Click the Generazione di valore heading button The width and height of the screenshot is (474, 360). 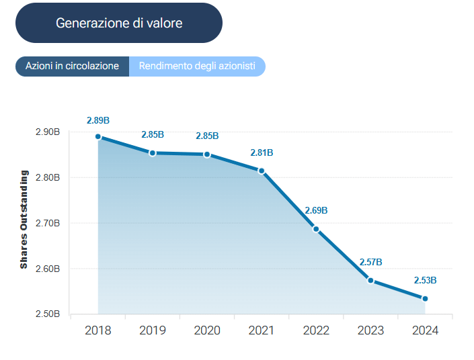coord(119,23)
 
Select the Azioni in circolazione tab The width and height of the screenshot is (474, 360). coord(72,66)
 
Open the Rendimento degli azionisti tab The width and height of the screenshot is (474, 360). coord(197,66)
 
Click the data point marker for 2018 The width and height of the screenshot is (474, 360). coord(98,136)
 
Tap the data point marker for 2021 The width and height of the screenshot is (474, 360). coord(262,171)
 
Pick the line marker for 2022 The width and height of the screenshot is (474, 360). coord(316,229)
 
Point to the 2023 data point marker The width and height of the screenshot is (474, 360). coord(370,280)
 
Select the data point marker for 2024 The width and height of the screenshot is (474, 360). coord(425,298)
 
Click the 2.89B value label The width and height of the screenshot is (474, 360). coord(98,120)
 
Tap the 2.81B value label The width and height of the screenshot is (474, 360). coord(262,153)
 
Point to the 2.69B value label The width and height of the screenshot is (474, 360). coord(316,210)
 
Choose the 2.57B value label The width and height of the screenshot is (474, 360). coord(370,262)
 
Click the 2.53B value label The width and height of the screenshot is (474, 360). coord(425,280)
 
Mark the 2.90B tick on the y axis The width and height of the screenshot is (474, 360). coord(47,132)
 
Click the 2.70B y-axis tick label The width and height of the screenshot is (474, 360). coord(47,223)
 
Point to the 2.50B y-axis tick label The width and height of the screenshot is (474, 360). coord(47,314)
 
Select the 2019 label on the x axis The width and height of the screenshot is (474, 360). coord(153,330)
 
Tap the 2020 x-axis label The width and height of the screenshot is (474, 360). coord(207,330)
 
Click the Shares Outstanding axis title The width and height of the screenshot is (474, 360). coord(24,220)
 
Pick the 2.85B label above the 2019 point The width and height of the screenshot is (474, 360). coord(153,135)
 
